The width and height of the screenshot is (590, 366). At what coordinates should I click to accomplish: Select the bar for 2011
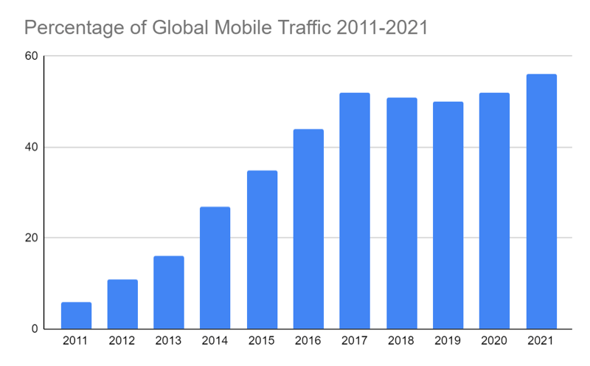[x=76, y=315]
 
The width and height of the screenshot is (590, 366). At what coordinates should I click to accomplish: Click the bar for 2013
[x=169, y=292]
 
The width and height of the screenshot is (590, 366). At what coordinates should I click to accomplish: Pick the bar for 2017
[x=355, y=210]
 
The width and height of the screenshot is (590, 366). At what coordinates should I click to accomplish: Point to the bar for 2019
[x=448, y=215]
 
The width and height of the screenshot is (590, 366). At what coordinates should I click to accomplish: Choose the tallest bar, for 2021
[x=541, y=201]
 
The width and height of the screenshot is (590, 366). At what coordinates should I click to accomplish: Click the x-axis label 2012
[x=122, y=342]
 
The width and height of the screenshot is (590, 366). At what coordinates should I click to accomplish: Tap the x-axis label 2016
[x=308, y=342]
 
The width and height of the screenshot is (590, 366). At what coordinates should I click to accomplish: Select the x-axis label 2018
[x=401, y=342]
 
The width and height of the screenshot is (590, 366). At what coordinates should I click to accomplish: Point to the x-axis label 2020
[x=494, y=342]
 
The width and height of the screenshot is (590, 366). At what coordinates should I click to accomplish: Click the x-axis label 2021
[x=541, y=342]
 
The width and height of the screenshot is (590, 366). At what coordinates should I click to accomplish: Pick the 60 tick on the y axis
[x=32, y=56]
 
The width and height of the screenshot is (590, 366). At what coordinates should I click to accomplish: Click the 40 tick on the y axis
[x=32, y=147]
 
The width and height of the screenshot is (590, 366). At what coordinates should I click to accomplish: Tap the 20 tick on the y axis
[x=32, y=238]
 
